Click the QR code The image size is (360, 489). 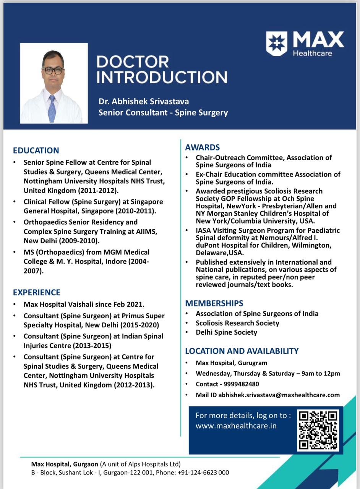318,430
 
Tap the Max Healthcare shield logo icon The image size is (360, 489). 277,44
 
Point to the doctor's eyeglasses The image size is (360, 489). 53,70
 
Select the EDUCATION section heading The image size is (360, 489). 36,151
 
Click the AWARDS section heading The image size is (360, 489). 203,147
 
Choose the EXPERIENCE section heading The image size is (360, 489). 37,293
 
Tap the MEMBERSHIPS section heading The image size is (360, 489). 214,303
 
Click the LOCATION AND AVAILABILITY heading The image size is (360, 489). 242,351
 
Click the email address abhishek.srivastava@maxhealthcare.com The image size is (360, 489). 279,395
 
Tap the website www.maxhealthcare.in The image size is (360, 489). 236,426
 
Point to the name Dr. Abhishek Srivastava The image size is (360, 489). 144,102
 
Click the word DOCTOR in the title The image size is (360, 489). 133,62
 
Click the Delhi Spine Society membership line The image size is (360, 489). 226,332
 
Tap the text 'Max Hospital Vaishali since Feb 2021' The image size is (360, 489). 84,304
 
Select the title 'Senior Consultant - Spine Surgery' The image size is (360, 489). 163,113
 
